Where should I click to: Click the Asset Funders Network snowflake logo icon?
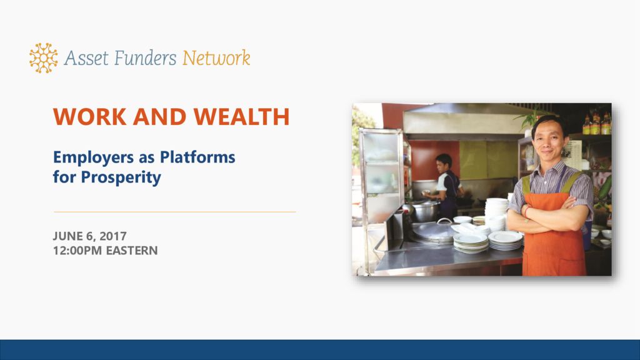[43, 58]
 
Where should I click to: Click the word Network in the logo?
[216, 58]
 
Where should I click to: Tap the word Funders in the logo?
[145, 58]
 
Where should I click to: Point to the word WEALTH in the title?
[242, 117]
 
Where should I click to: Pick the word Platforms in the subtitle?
[197, 157]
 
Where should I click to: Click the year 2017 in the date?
[113, 236]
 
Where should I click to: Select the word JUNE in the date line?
[67, 236]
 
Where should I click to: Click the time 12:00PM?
[77, 250]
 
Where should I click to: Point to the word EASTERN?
[132, 250]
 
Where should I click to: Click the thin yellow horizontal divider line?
[175, 212]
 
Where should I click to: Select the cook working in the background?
[446, 186]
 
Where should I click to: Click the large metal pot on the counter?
[426, 211]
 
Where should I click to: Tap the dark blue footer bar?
[320, 350]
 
